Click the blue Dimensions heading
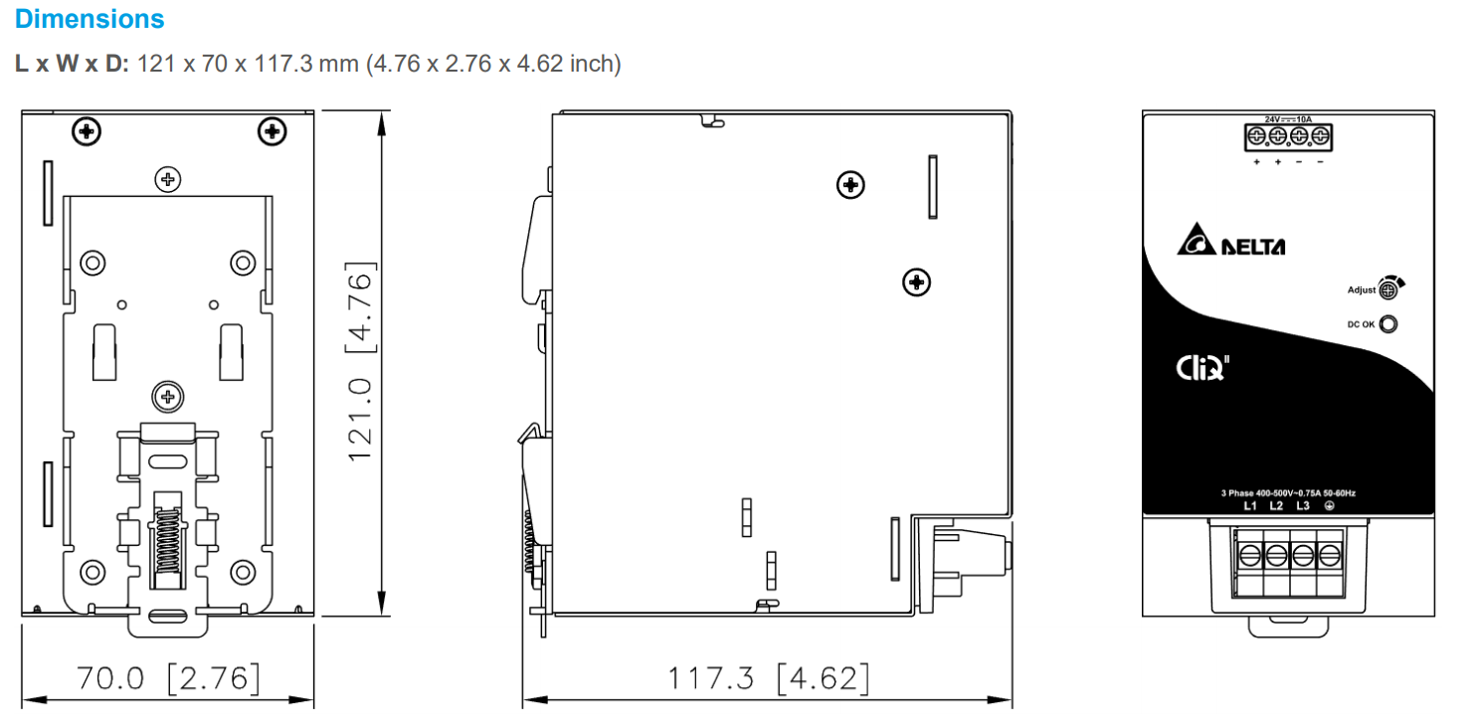point(90,18)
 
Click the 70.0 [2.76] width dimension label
point(169,678)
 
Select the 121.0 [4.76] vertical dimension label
point(359,361)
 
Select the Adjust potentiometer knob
point(1388,289)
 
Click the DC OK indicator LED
point(1388,323)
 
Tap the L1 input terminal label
point(1251,505)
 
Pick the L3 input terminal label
point(1303,505)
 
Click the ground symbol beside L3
point(1329,505)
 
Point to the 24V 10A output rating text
point(1288,119)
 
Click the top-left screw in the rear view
point(88,130)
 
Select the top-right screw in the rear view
point(271,130)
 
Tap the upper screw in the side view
point(850,184)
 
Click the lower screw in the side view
point(916,282)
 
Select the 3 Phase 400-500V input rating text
point(1288,492)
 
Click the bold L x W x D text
point(72,64)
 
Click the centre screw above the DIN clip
point(168,398)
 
